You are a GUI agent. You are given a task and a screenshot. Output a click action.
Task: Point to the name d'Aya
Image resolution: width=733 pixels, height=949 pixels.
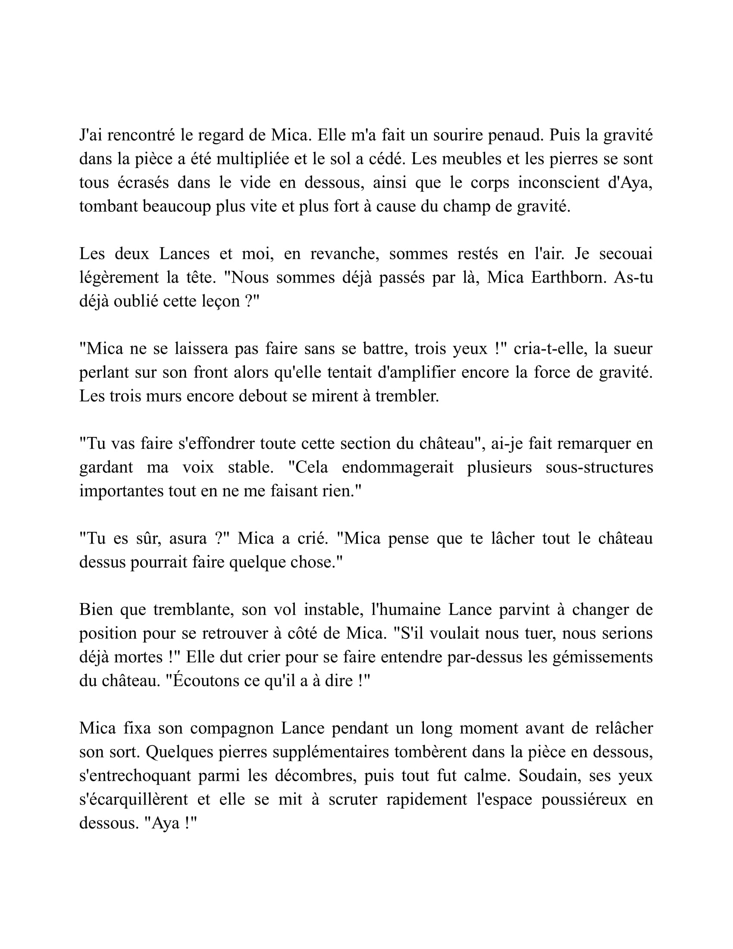tap(630, 183)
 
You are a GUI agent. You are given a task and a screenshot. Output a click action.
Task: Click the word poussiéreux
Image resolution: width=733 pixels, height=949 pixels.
tap(584, 799)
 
